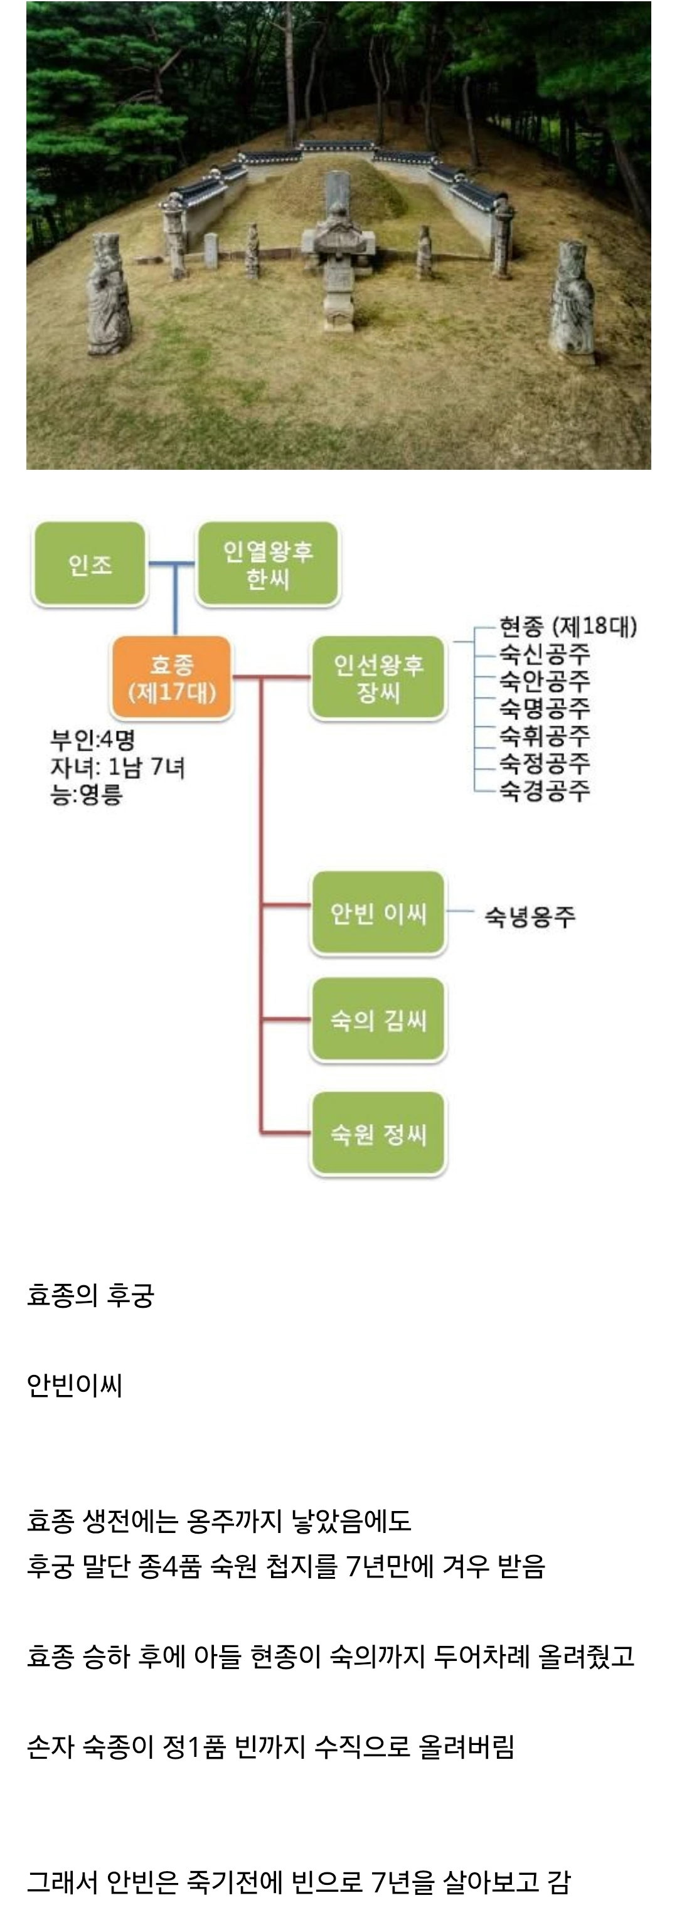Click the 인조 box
click(90, 563)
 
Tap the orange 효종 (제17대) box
click(171, 677)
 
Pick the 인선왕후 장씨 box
click(378, 677)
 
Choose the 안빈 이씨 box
click(378, 912)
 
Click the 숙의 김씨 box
click(378, 1020)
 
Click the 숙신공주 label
click(544, 654)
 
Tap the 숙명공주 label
click(544, 708)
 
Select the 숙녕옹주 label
click(530, 916)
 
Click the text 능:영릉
click(87, 795)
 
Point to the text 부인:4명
click(92, 740)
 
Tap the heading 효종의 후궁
click(90, 1295)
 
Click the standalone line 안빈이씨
click(75, 1385)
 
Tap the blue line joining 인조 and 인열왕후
click(171, 563)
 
